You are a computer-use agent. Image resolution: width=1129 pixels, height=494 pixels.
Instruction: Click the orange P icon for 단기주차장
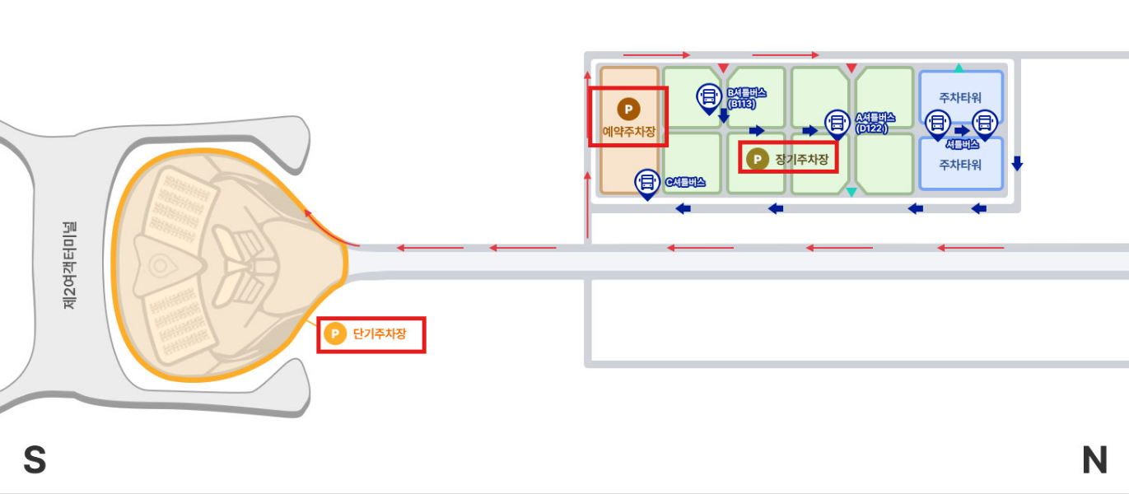[334, 334]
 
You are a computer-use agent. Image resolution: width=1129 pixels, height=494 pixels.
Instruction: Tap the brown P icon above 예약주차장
[628, 110]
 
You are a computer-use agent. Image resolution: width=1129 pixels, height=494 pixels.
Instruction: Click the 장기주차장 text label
[801, 159]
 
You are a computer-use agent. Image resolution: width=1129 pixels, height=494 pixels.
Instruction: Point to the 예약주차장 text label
[628, 131]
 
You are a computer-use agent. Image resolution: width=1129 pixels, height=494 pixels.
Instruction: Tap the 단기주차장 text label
[380, 334]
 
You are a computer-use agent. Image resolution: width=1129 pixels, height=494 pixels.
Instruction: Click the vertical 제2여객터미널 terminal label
[69, 264]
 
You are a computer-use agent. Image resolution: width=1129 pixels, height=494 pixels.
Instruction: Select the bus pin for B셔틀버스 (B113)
[708, 97]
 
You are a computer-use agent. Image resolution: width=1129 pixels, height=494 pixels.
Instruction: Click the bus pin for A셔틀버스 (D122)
[837, 124]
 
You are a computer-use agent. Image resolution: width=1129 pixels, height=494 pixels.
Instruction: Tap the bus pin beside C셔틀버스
[647, 183]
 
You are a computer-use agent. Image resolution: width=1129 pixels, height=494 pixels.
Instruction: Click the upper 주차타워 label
[960, 98]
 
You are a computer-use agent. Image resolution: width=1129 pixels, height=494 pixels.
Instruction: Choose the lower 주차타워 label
[960, 165]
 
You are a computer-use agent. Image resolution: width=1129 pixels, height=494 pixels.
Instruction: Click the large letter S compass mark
[34, 460]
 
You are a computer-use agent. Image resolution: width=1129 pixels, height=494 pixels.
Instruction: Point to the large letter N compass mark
[1094, 460]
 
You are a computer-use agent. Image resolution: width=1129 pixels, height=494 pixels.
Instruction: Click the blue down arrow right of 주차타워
[1017, 163]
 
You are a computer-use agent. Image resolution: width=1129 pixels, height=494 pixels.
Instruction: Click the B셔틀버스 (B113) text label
[745, 98]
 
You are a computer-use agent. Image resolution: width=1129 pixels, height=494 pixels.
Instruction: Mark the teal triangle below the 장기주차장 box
[851, 192]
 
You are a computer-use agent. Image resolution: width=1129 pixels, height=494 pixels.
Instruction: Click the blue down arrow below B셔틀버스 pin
[723, 116]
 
